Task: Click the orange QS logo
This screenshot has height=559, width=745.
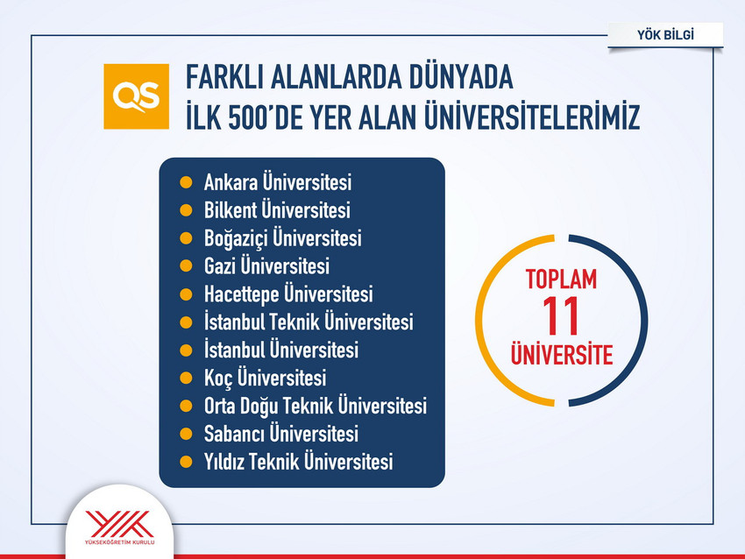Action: (x=135, y=96)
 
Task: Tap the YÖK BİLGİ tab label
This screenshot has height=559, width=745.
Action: (x=667, y=35)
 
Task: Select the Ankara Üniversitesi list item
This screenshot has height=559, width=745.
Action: (x=277, y=183)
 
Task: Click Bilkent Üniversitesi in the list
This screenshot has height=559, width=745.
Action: (x=277, y=210)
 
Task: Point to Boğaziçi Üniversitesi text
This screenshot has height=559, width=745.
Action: (x=282, y=238)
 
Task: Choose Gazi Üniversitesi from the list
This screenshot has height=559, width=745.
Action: (x=266, y=265)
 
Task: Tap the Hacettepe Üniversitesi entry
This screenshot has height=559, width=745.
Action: (x=288, y=294)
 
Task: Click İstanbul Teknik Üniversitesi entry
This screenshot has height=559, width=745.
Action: (x=308, y=322)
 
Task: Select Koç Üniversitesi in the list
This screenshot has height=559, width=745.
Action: (x=265, y=378)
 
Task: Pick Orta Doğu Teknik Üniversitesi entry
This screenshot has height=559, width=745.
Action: (x=315, y=406)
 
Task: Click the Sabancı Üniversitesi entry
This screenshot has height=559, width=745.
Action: (x=280, y=434)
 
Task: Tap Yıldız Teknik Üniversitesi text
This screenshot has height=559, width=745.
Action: (x=298, y=462)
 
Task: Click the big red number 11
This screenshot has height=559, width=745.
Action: (x=561, y=317)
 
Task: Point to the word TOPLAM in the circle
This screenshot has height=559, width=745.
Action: (x=561, y=280)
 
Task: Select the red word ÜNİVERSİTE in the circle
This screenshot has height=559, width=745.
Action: (x=561, y=356)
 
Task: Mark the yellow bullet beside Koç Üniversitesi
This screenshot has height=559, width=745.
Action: (x=185, y=378)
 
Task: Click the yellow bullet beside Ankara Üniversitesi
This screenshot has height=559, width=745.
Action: (x=185, y=183)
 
